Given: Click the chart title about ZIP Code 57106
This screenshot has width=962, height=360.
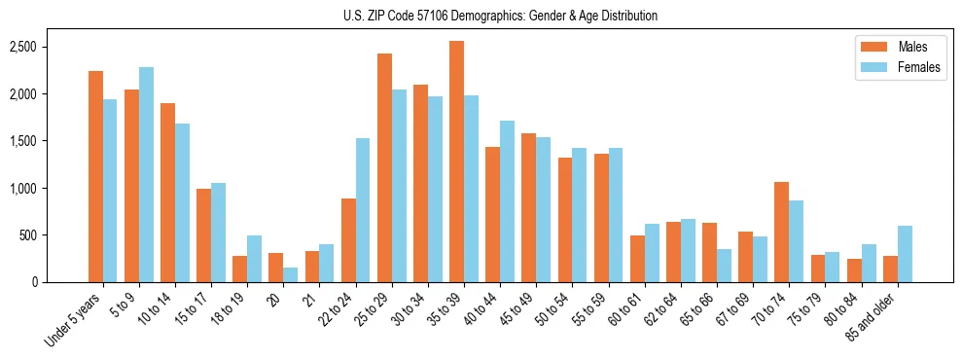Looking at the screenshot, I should pyautogui.click(x=500, y=16).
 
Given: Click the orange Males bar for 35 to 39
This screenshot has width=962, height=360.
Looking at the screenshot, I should pyautogui.click(x=456, y=162).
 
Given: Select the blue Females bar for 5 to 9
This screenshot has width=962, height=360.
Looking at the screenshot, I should pyautogui.click(x=146, y=175).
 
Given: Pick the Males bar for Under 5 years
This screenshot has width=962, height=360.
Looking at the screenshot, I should pyautogui.click(x=95, y=177).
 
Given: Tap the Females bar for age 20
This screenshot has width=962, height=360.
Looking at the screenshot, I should pyautogui.click(x=290, y=275).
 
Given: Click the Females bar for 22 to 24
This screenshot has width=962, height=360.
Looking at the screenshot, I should pyautogui.click(x=363, y=210).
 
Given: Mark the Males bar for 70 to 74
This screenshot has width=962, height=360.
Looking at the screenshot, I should pyautogui.click(x=781, y=233).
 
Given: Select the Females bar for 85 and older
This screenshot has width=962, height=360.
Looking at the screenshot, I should pyautogui.click(x=905, y=254).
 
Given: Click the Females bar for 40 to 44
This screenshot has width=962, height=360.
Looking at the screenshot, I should pyautogui.click(x=507, y=201).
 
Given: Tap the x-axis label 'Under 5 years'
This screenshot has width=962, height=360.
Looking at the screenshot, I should pyautogui.click(x=74, y=322).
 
